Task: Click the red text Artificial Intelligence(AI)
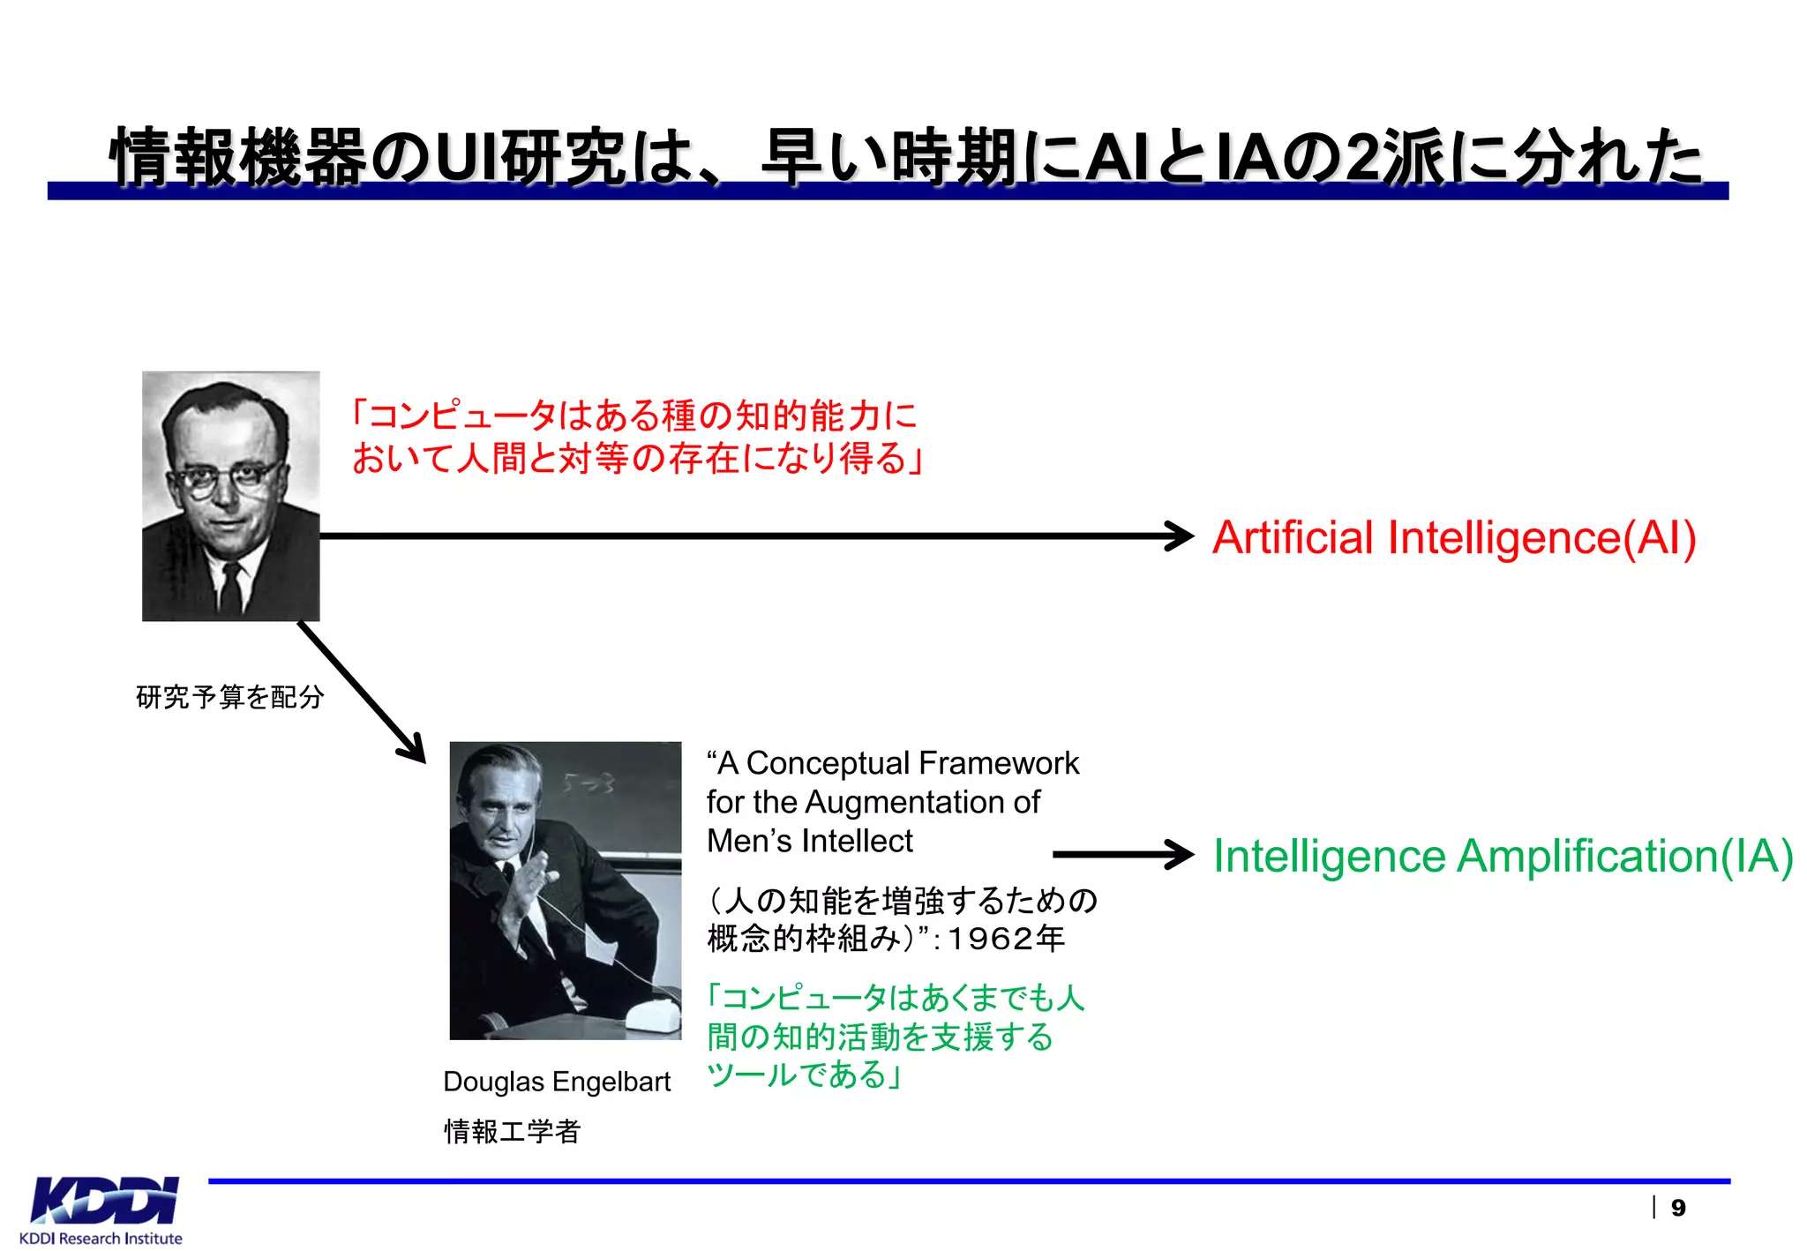[1453, 537]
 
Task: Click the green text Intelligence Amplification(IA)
[1503, 856]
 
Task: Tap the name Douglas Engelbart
[557, 1082]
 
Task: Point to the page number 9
[1677, 1208]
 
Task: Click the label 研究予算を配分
[230, 697]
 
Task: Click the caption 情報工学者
[512, 1131]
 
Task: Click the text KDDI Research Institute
[101, 1239]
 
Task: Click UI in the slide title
[466, 158]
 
